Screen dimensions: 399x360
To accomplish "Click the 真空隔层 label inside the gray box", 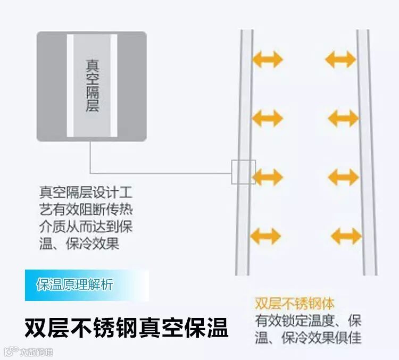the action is [x=92, y=86].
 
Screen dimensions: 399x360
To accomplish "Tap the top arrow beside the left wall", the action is [x=267, y=59].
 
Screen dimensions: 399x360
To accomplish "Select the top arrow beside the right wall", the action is [x=340, y=59].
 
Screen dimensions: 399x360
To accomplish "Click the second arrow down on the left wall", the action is [x=267, y=118].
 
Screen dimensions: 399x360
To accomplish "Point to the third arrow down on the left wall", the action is [x=267, y=177].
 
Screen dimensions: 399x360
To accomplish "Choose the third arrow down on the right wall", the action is [x=343, y=177].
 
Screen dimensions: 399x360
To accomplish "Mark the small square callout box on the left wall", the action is [x=244, y=172].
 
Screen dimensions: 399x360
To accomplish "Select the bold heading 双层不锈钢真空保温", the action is [x=127, y=328].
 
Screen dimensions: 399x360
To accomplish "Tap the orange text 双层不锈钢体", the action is [x=295, y=304].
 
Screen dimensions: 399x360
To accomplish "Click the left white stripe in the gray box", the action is [x=70, y=86].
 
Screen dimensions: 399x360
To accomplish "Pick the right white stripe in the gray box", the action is [x=113, y=86].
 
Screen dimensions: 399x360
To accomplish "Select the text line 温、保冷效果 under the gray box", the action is [x=79, y=244].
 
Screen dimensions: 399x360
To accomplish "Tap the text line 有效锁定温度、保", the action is [x=308, y=321].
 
